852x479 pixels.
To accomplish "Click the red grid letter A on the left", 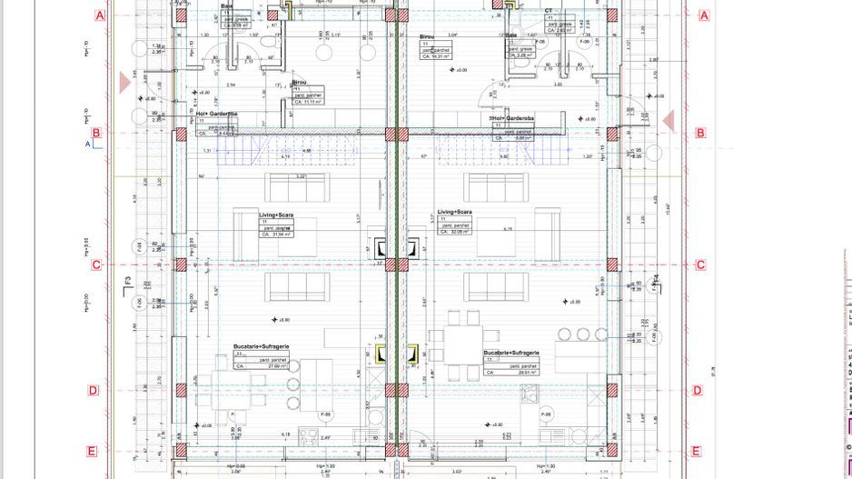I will coord(100,15).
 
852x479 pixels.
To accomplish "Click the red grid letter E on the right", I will coord(696,452).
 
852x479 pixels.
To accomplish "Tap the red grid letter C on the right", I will coord(700,265).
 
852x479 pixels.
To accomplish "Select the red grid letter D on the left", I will coord(93,391).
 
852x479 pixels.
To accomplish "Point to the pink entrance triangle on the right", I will coord(669,121).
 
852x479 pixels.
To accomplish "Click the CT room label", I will coord(548,11).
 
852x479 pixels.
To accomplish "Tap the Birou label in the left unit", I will coord(300,81).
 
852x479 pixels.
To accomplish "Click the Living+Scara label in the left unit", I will coord(274,215).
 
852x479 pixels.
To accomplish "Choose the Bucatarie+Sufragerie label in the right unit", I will coord(511,352).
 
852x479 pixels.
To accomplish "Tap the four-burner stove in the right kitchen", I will coord(528,394).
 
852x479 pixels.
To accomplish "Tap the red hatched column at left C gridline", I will coord(181,264).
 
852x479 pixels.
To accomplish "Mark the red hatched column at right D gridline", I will coord(610,391).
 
